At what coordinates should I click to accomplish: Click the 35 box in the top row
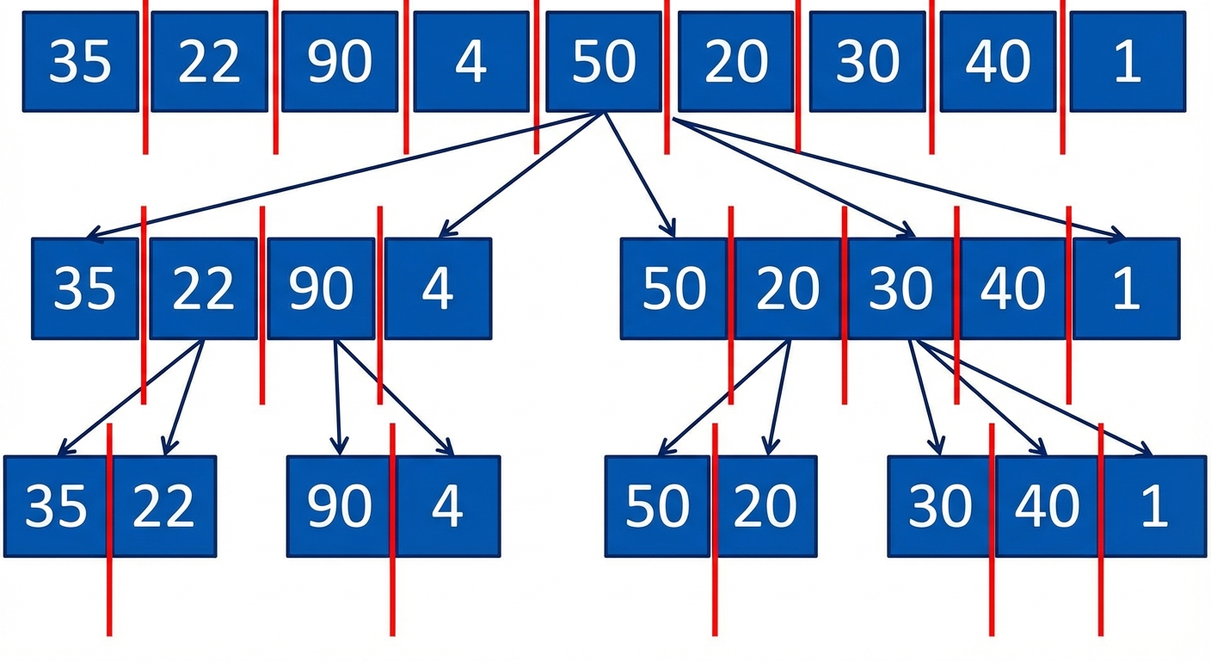[x=81, y=62]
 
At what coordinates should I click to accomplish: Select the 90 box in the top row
[x=340, y=62]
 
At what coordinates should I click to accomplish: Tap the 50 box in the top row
[x=603, y=62]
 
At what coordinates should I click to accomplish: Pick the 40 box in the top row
[x=998, y=62]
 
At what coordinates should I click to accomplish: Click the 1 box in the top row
[x=1128, y=62]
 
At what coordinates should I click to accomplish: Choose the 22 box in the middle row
[x=203, y=288]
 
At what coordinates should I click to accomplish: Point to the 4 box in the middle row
[x=438, y=288]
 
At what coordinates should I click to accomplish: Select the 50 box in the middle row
[x=673, y=288]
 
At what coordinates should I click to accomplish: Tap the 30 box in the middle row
[x=901, y=288]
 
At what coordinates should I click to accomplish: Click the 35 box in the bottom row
[x=56, y=506]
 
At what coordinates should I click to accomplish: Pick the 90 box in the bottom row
[x=339, y=506]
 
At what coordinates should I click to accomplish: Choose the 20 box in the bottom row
[x=765, y=506]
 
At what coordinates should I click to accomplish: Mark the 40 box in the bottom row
[x=1047, y=506]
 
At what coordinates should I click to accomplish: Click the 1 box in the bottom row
[x=1153, y=506]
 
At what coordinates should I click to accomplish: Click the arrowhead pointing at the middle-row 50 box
[x=670, y=229]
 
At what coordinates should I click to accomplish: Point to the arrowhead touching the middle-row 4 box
[x=447, y=229]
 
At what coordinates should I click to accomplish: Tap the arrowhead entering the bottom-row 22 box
[x=169, y=446]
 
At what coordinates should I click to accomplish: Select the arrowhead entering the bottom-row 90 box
[x=339, y=446]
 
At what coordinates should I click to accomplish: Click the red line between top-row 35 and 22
[x=144, y=77]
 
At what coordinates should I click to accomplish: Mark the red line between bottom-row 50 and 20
[x=715, y=529]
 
